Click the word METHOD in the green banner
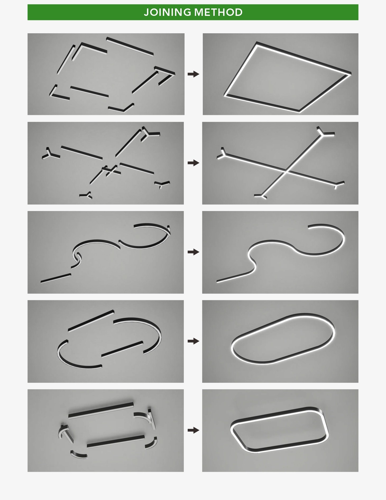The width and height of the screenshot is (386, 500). [218, 12]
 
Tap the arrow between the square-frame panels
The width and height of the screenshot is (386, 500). [193, 74]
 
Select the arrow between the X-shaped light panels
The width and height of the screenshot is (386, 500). [193, 163]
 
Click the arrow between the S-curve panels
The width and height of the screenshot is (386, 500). [193, 252]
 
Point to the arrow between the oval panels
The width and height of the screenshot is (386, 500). [193, 341]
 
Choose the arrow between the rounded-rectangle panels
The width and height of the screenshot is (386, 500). [193, 430]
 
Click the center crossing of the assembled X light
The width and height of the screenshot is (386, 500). [286, 172]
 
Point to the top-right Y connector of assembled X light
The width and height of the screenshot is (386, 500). [324, 132]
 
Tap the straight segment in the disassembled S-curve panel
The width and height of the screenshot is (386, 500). [56, 278]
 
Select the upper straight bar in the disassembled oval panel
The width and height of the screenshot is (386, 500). [91, 321]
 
